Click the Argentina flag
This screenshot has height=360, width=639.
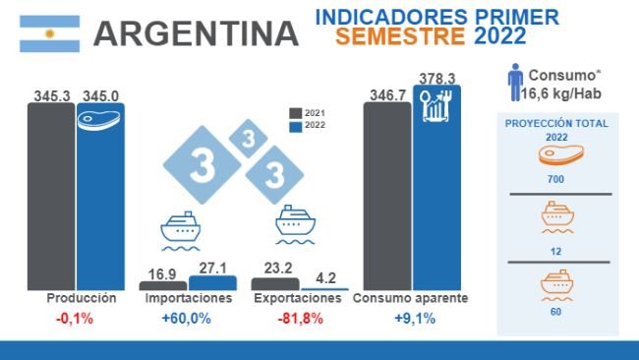pos(50,33)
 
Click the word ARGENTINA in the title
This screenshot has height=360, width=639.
pos(196,34)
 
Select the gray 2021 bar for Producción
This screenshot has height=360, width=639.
pos(51,196)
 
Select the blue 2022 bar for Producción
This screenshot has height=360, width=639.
pos(100,196)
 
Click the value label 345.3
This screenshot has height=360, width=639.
pos(51,94)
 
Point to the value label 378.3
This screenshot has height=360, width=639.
pos(436,78)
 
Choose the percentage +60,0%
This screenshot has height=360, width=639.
pos(188,318)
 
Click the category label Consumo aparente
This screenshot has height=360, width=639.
pos(410,298)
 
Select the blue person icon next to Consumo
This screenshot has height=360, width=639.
pos(514,83)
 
